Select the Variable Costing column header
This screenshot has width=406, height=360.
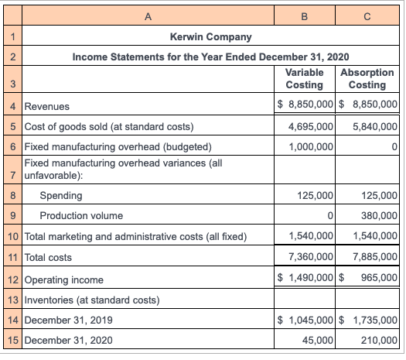(x=304, y=78)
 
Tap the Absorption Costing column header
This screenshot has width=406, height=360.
(x=367, y=78)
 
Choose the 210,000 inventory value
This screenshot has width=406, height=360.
(x=377, y=339)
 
